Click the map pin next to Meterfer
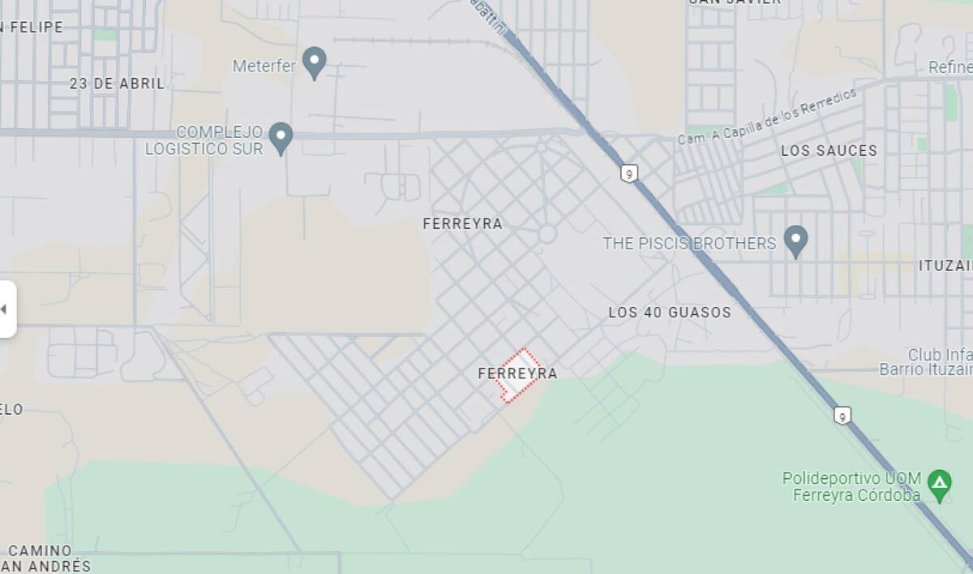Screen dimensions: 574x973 pos(314,62)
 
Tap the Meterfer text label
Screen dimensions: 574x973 pos(264,66)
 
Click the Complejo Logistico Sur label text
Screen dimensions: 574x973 pos(205,140)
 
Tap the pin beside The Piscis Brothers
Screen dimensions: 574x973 pos(795,240)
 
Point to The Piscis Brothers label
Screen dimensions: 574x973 pos(689,243)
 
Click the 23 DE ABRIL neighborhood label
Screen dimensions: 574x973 pos(117,83)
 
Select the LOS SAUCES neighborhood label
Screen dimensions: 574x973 pos(829,150)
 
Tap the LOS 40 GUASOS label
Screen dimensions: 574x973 pos(670,312)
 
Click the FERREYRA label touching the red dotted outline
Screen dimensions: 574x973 pos(517,373)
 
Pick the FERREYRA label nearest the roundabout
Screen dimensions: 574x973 pos(462,223)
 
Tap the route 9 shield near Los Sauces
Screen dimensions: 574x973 pos(629,173)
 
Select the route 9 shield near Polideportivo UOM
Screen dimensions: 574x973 pos(843,416)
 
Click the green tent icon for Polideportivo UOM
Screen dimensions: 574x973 pos(940,485)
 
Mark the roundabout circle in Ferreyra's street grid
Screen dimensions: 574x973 pos(547,234)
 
